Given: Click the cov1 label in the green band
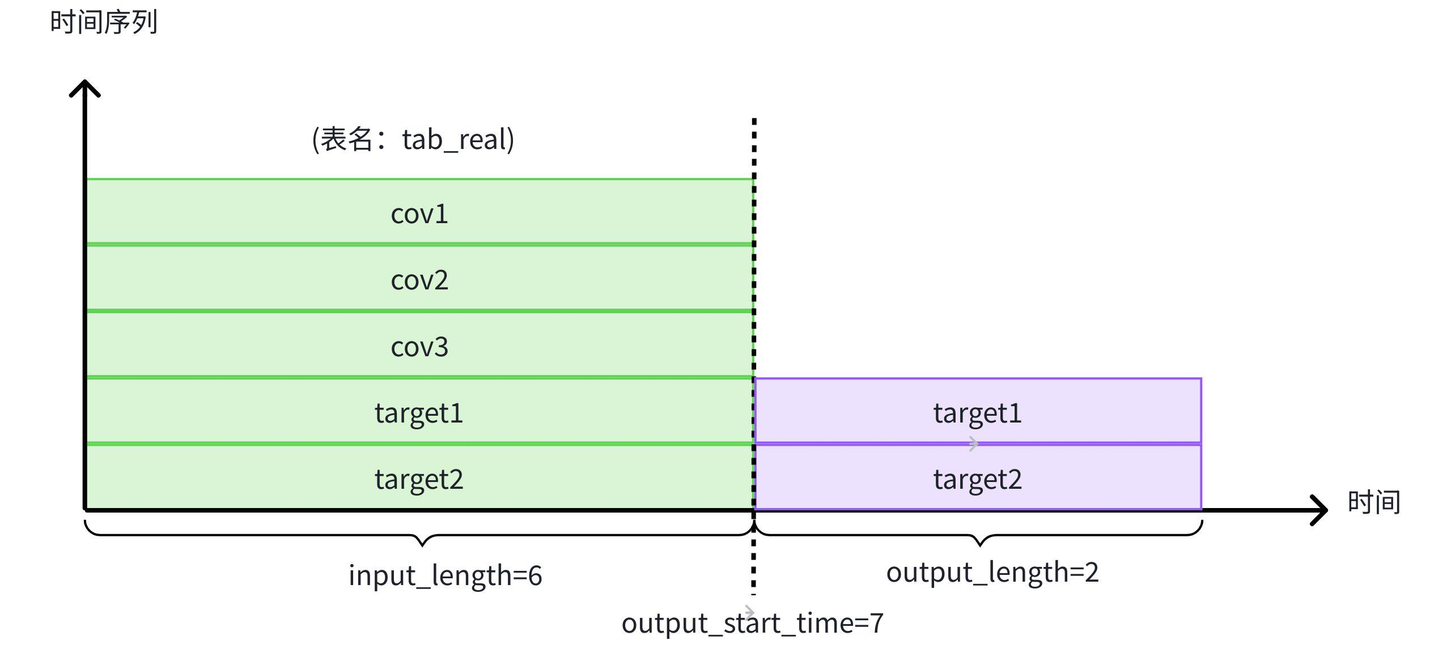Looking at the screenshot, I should pos(419,214).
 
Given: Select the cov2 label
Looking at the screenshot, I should pos(419,280).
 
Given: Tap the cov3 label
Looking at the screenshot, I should pos(419,347).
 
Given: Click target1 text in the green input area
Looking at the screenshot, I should pos(419,413).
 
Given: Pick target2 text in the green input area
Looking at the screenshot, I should pos(419,479).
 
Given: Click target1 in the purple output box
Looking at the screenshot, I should pos(977,413).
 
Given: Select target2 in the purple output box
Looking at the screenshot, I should pos(977,479).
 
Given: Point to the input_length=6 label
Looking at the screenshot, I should pos(445,575).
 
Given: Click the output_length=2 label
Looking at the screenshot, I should pos(992,572).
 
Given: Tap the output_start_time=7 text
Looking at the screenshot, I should pos(752,624).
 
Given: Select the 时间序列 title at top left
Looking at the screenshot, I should pos(103,23).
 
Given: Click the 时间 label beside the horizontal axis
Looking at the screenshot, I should pos(1373,502).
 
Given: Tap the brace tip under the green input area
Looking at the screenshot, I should pos(422,544).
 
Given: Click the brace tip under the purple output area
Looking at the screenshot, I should pos(980,544).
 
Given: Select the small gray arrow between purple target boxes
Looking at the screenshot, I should pos(973,444).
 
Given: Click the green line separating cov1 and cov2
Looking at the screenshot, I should pos(419,245).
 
